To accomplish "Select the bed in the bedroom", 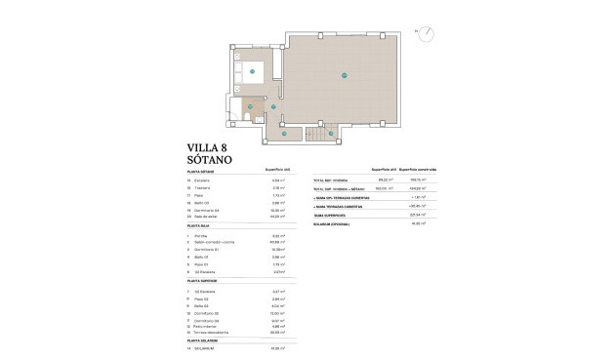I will pos(257,72).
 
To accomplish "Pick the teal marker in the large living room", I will pos(344,75).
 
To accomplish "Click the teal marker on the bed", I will pos(253,71).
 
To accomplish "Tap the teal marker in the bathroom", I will pos(250,106).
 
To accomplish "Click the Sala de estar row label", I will pos(210,218).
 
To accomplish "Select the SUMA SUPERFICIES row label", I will pos(329,214).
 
